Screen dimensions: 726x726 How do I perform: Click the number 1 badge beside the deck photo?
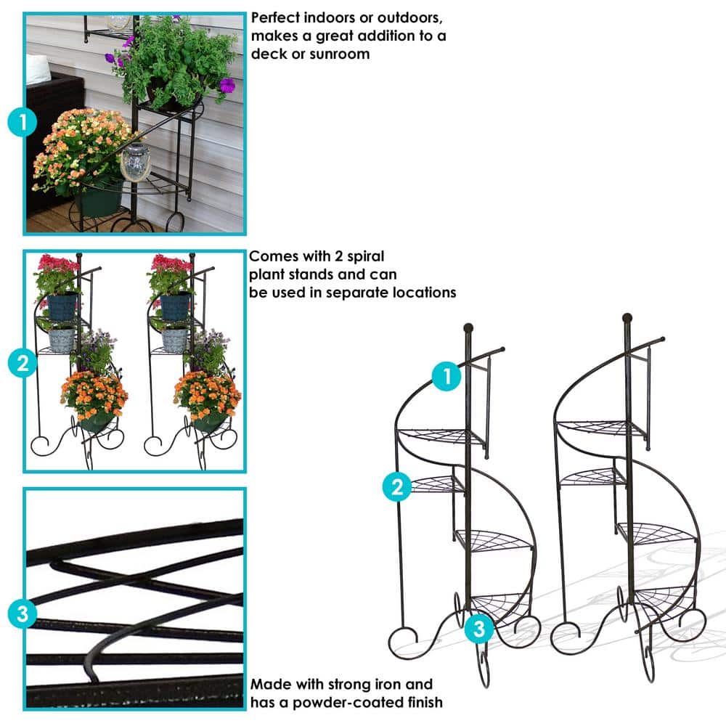click(x=23, y=122)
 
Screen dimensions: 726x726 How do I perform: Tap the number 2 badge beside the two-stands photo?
click(x=23, y=363)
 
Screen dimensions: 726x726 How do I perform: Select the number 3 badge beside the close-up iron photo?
click(x=23, y=614)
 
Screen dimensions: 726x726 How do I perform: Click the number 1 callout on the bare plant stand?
click(x=446, y=376)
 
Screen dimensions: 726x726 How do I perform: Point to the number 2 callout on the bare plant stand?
click(x=397, y=487)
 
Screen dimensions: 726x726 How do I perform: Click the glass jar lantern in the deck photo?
click(x=136, y=161)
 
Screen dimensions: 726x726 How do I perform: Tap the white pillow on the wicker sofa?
click(x=38, y=69)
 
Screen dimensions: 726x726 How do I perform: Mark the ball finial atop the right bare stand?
click(x=627, y=318)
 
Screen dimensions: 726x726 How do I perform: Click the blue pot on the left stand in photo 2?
click(x=62, y=306)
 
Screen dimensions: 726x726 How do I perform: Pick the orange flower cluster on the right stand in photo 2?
click(x=208, y=393)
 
